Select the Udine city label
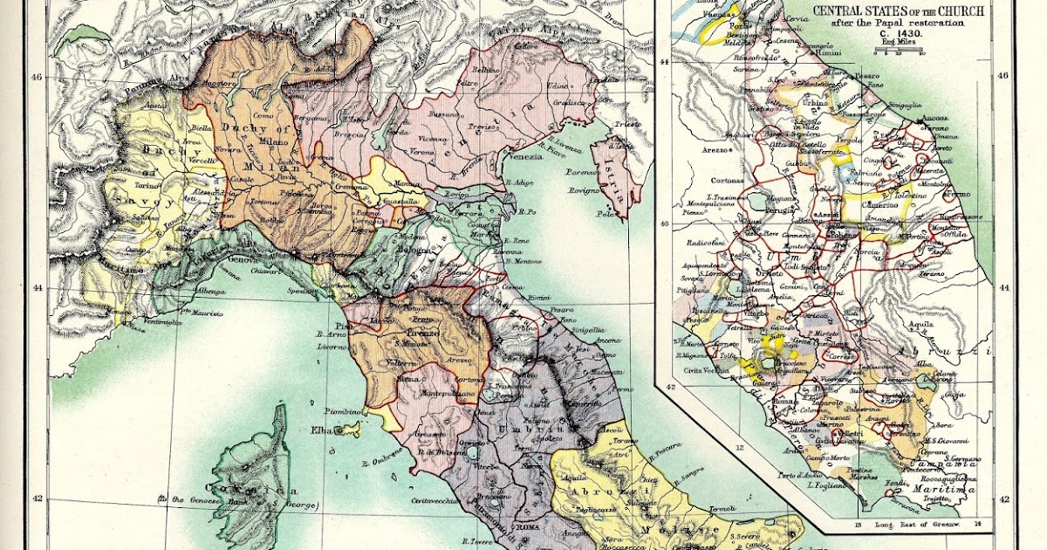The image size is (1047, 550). pos(558,86)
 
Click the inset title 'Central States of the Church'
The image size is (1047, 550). pos(898,10)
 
